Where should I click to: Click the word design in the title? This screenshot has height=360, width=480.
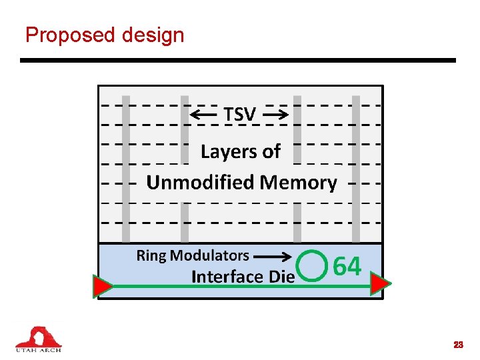pos(153,35)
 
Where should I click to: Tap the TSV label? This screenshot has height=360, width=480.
pos(239,115)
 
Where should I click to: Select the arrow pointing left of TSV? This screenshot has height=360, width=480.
pos(203,115)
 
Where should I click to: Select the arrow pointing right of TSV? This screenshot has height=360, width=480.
pos(275,115)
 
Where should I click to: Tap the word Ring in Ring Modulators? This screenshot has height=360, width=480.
pos(151,255)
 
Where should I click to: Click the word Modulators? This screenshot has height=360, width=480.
pos(209,255)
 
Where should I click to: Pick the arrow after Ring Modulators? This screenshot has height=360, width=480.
pos(272,255)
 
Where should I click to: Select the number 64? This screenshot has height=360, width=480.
pos(347,267)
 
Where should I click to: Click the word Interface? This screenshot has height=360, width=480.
pos(224,276)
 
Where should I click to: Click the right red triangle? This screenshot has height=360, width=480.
pos(380,285)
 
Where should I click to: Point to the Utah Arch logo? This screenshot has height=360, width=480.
pos(39,339)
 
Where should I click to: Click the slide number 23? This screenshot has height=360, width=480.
pos(458,345)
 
